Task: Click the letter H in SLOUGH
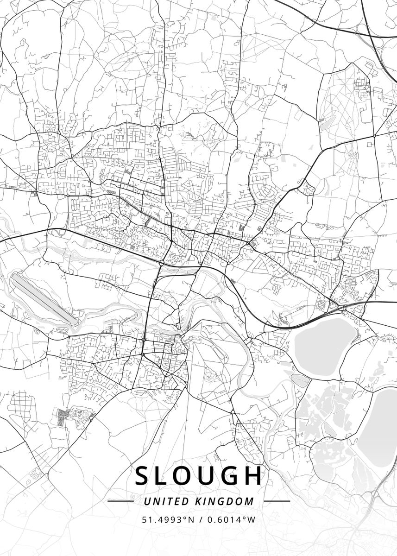tap(254, 476)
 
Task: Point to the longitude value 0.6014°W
tap(230, 519)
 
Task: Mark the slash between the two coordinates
tap(200, 519)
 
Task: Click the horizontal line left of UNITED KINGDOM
tap(120, 501)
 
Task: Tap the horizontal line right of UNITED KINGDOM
tap(277, 501)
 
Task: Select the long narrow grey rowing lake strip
tap(44, 298)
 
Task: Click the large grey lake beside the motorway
tap(324, 341)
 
